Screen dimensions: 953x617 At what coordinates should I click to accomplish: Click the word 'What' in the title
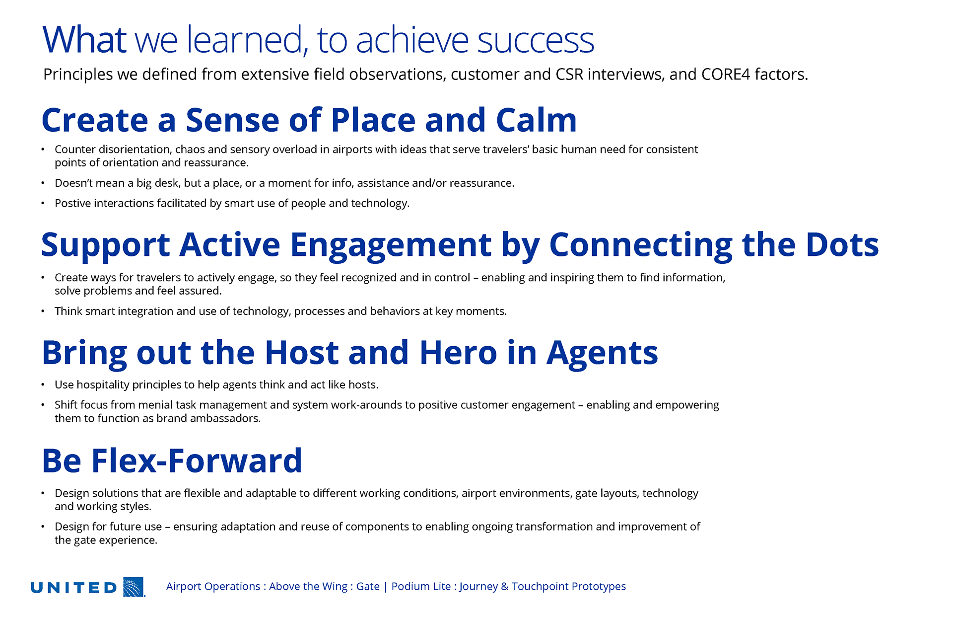click(x=84, y=39)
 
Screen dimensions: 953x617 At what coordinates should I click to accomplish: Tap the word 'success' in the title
click(x=536, y=41)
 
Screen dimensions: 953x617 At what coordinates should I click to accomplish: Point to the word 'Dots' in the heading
click(x=842, y=244)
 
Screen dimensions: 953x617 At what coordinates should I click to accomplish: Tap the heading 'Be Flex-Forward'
click(x=172, y=461)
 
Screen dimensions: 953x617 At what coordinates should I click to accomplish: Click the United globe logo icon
click(x=134, y=587)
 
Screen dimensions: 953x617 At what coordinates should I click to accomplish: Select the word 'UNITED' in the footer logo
click(x=73, y=588)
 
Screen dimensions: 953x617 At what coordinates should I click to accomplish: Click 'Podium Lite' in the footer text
click(x=421, y=586)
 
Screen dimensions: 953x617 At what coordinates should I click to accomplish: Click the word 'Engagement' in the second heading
click(x=391, y=246)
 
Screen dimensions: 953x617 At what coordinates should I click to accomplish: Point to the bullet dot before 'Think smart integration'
click(x=43, y=311)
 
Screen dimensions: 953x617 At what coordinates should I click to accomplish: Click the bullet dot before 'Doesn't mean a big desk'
click(x=43, y=183)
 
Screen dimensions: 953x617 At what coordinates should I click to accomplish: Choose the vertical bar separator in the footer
click(x=385, y=587)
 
